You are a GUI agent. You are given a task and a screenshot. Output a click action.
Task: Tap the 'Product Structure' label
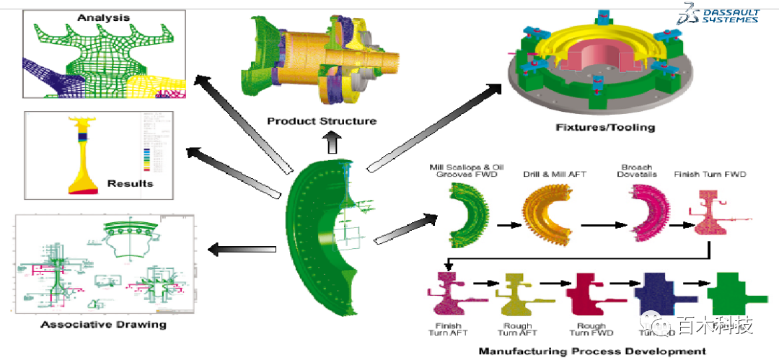[x=321, y=120]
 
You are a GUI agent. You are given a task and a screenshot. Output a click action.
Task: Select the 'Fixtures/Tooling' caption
[x=605, y=128]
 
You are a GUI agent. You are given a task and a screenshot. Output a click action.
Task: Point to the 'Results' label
[x=130, y=183]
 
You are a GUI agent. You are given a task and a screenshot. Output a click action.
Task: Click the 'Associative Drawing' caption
[x=103, y=324]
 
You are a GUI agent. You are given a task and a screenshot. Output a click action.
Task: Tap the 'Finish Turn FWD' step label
[x=710, y=174]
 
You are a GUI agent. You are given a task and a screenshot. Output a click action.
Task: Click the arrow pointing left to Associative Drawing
[x=241, y=250]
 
